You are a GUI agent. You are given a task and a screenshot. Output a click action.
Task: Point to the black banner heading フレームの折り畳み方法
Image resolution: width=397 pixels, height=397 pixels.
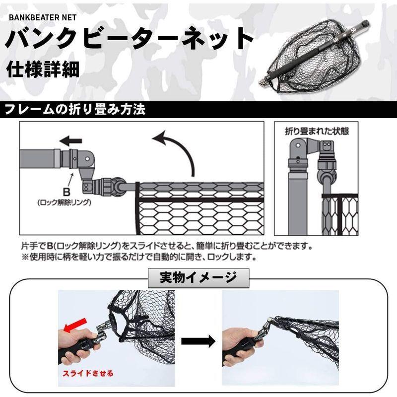tap(74, 110)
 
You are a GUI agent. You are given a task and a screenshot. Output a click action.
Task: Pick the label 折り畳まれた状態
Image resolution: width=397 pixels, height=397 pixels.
tap(317, 132)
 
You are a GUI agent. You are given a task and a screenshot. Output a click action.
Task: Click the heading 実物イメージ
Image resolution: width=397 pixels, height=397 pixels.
tap(198, 277)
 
